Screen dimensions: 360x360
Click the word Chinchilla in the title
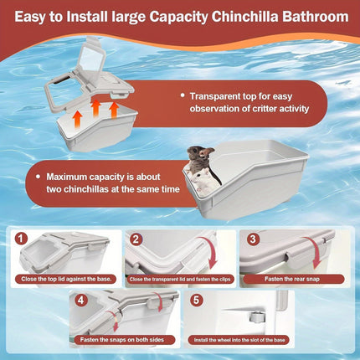coord(244,17)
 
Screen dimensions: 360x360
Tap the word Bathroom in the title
coord(316,17)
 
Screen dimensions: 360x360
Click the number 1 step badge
coord(22,239)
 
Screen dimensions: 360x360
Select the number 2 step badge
coord(136,239)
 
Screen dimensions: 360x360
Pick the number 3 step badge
coord(253,239)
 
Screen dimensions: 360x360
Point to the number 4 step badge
coord(80,301)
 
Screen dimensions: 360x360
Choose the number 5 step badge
coord(196,301)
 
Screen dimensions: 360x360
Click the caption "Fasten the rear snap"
coord(292,279)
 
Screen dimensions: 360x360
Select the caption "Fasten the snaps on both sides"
coord(122,340)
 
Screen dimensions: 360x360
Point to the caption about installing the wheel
coord(239,340)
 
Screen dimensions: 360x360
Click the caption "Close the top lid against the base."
coord(66,279)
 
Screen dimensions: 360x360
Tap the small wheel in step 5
coord(255,316)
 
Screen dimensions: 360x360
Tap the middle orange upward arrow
coord(95,108)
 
